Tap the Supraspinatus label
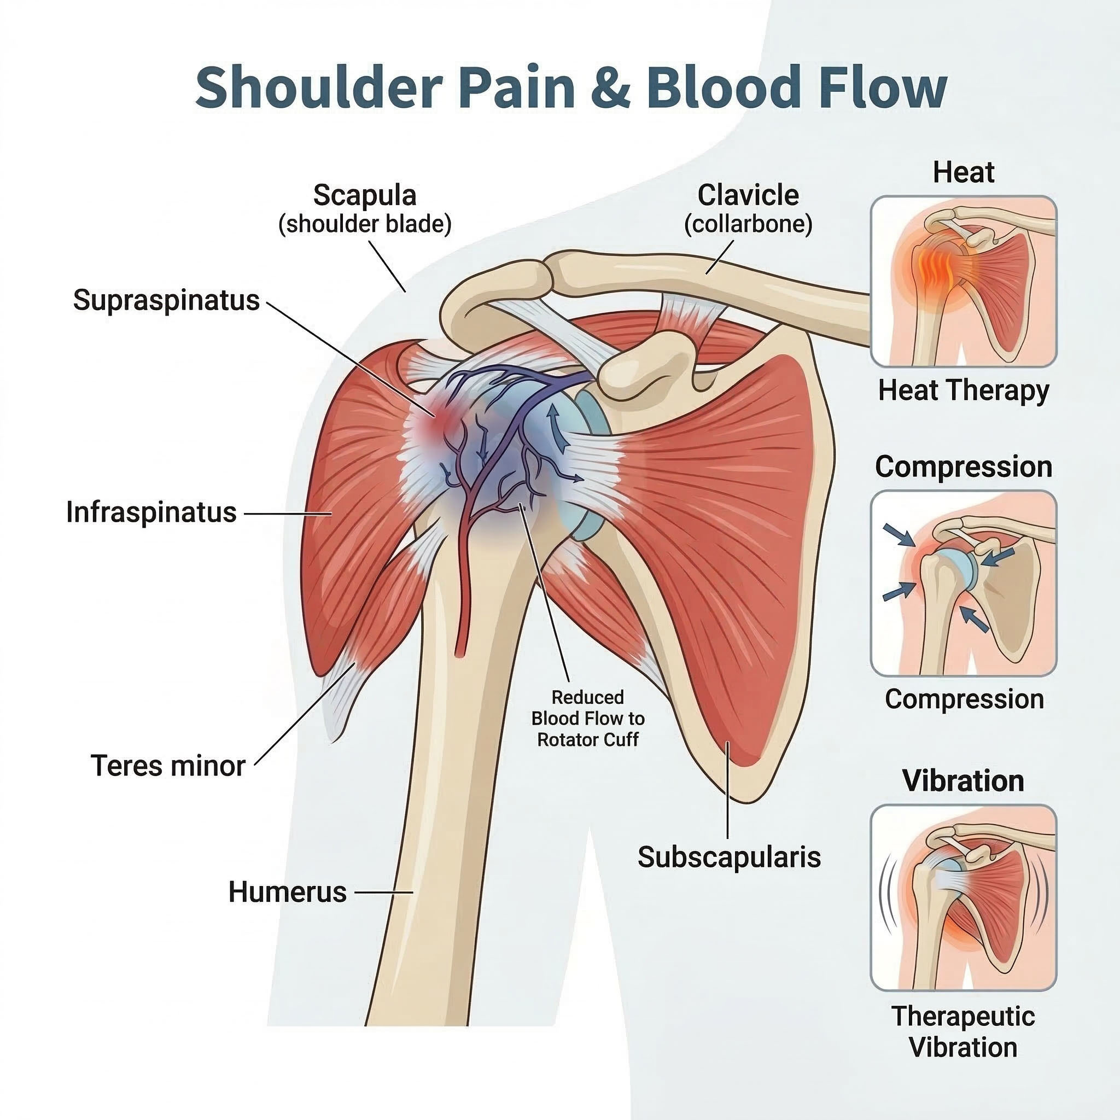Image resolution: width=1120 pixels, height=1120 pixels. point(166,301)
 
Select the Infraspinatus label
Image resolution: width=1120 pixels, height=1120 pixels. point(151,512)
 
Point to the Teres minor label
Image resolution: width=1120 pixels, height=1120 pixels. point(168,766)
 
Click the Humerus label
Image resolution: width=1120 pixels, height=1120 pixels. point(288,891)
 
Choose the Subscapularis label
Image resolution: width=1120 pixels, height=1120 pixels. point(730,857)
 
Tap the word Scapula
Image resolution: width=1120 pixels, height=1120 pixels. point(365,195)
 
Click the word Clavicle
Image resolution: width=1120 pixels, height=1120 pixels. point(748,195)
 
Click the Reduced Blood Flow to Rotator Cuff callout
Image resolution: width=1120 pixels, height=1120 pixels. point(588,718)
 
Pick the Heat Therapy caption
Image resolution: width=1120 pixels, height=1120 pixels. point(964,390)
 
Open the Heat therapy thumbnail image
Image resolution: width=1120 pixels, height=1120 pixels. point(964,281)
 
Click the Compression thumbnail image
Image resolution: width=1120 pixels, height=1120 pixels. point(964,583)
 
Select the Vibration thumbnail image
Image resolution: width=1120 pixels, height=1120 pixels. point(964,898)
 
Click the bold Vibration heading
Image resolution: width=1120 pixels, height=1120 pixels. point(964,781)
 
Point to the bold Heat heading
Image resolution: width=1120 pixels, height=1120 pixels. point(964,172)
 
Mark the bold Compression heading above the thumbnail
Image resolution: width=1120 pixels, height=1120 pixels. point(964,466)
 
